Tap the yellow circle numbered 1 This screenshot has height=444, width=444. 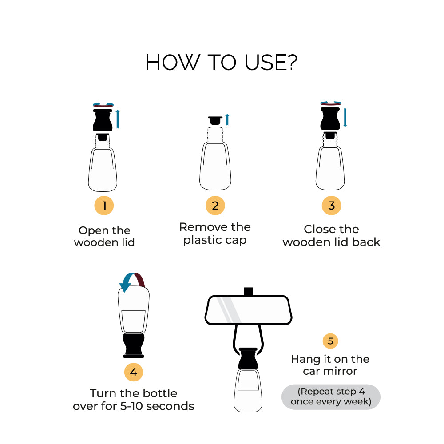tap(104, 206)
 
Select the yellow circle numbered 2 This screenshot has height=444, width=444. tap(215, 206)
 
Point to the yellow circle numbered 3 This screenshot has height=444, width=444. tap(331, 206)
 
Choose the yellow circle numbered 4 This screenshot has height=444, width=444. tap(133, 372)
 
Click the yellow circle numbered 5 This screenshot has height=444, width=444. tap(330, 341)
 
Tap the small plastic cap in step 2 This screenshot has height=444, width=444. tap(215, 120)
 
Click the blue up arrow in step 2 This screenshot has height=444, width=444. tap(227, 119)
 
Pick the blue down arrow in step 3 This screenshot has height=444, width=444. tap(345, 117)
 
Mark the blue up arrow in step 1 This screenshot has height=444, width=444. tap(118, 119)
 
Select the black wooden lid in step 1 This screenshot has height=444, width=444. tap(103, 120)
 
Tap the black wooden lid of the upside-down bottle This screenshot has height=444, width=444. tap(134, 346)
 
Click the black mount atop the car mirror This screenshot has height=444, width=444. tap(248, 292)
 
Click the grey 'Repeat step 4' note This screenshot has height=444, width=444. tap(331, 396)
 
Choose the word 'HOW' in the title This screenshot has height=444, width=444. tap(172, 63)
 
